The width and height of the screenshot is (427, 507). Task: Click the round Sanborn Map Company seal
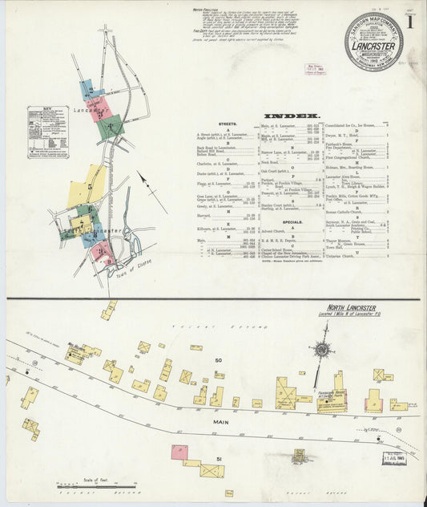coord(373,41)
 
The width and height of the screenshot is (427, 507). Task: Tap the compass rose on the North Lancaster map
coord(321,349)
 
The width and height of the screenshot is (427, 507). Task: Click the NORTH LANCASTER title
coord(348,307)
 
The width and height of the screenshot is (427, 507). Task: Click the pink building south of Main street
coord(179,452)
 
